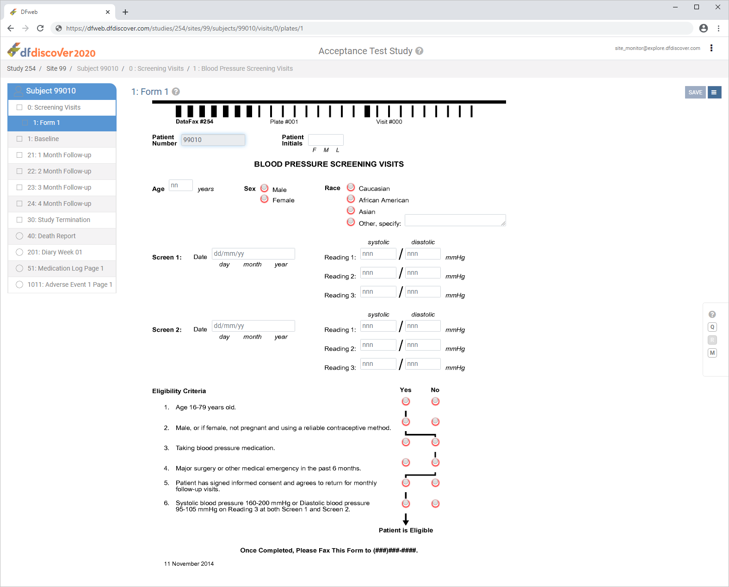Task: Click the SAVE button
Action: [695, 92]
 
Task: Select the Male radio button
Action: [264, 188]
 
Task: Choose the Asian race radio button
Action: [351, 210]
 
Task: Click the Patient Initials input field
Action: [326, 140]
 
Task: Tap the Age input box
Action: [180, 185]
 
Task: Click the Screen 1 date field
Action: [253, 253]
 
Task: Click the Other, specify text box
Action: [455, 220]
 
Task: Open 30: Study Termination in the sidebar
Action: [59, 220]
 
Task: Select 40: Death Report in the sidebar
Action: [51, 236]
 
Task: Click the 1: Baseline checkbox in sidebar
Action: [19, 139]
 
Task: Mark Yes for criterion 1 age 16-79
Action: [406, 402]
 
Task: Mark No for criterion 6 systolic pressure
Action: [435, 503]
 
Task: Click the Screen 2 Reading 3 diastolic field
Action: [423, 364]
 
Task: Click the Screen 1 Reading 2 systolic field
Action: [378, 272]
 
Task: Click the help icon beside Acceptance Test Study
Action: [420, 51]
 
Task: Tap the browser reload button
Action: [40, 29]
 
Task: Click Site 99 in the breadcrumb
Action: [56, 68]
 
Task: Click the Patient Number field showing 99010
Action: [213, 140]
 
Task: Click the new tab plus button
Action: [125, 12]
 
